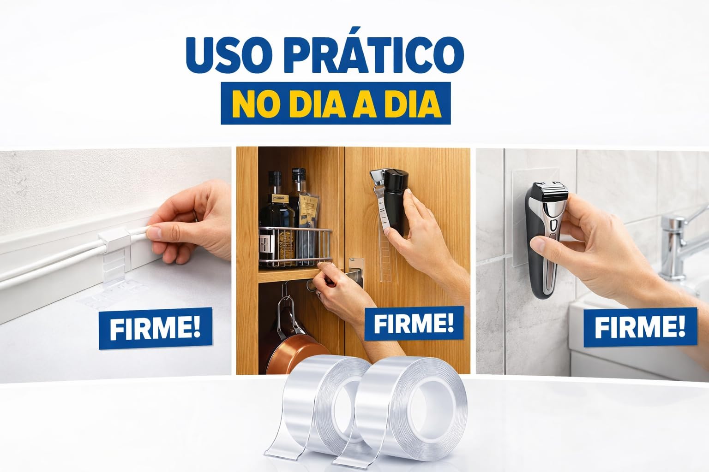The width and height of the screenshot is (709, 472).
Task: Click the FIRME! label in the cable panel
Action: coord(155,328)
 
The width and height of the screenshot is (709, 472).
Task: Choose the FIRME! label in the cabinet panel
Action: coord(414,323)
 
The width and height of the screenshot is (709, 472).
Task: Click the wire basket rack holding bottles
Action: coord(295,247)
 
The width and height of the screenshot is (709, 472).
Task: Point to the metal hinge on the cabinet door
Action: coord(356,272)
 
